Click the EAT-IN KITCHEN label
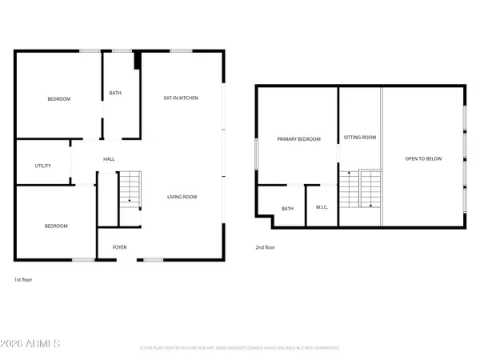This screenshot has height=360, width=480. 182,98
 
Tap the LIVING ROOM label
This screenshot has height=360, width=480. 182,197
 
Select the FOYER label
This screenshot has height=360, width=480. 119,247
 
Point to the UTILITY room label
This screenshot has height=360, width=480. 43,166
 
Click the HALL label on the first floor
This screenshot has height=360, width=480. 109,159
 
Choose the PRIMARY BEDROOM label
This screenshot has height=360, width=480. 298,139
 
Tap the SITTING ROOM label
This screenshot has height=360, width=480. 359,138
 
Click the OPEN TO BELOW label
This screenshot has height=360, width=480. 423,159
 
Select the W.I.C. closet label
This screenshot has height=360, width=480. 323,209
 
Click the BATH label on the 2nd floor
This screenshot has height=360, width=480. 287,209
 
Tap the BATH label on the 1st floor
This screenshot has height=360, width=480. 115,94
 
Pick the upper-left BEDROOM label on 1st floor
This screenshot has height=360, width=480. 58,99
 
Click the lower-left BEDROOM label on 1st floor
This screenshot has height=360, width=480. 56,226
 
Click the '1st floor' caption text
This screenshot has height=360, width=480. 23,280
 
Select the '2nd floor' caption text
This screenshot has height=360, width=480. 266,248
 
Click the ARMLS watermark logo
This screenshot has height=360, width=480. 32,345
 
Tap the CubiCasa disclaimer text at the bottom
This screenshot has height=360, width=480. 240,348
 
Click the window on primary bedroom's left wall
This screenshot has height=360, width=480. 256,153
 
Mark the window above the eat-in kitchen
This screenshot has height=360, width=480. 181,51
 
